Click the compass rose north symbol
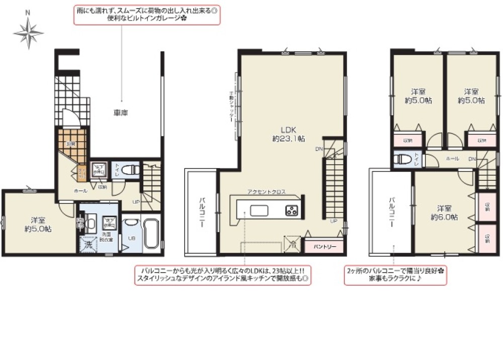tap(29, 31)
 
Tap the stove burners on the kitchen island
tap(292, 210)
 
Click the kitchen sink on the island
tap(261, 210)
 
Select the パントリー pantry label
tap(325, 247)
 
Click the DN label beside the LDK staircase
tap(319, 149)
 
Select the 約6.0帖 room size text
tap(443, 217)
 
